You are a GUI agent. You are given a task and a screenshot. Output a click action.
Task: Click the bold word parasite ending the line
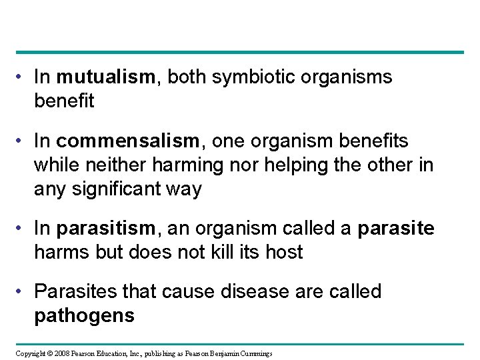(396, 229)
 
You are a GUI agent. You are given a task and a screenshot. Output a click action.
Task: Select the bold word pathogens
(84, 315)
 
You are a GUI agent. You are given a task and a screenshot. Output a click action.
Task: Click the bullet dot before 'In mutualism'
(23, 78)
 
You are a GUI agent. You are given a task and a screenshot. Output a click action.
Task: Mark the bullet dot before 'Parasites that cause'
(23, 291)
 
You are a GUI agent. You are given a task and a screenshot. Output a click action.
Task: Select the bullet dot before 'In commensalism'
(23, 141)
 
